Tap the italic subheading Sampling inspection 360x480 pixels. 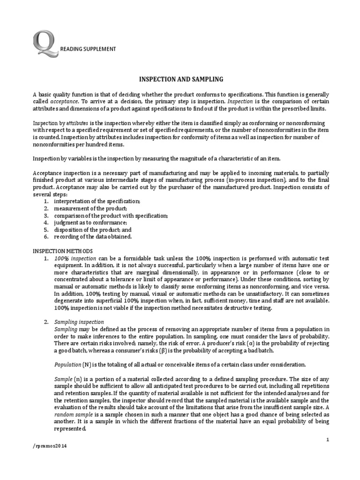pos(79,322)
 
